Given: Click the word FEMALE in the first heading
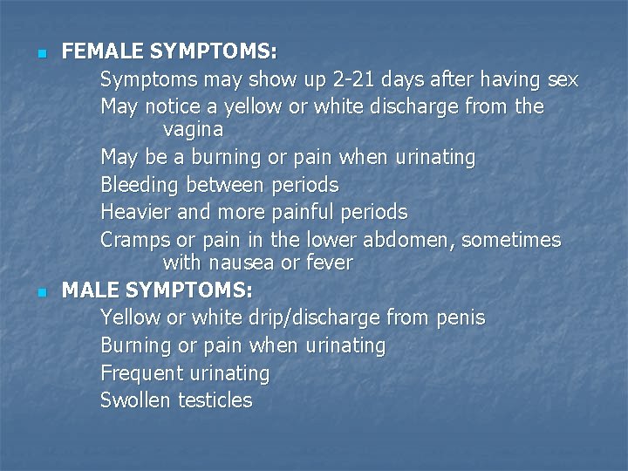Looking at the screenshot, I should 98,51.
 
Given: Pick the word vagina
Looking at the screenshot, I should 193,129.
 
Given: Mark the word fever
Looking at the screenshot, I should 326,262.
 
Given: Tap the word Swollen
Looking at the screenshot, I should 136,400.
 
